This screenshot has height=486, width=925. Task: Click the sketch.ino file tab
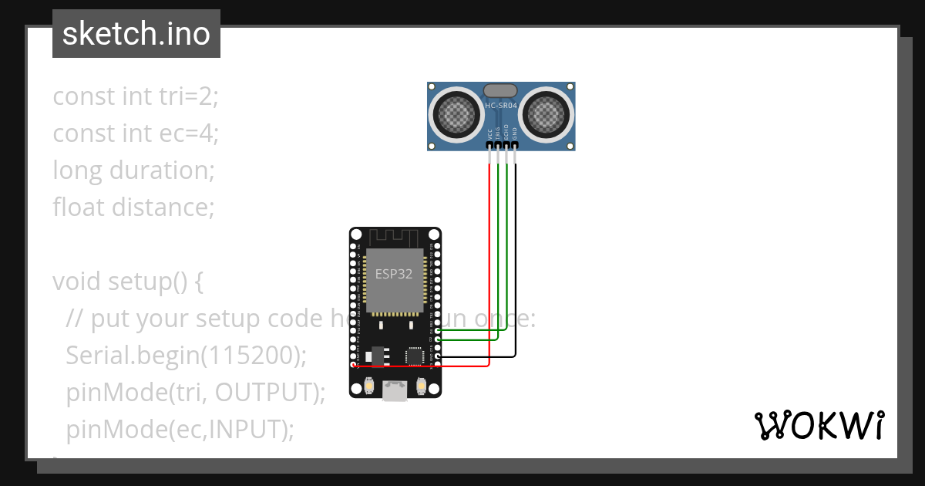click(x=136, y=34)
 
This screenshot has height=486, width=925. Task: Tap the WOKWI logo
click(x=818, y=425)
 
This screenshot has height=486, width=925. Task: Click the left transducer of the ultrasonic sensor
click(x=456, y=115)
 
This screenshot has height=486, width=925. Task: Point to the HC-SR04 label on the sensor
click(x=502, y=106)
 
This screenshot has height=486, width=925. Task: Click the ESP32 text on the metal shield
click(x=394, y=274)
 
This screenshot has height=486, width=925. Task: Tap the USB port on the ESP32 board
click(x=395, y=392)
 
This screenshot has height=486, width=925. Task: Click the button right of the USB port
click(x=421, y=385)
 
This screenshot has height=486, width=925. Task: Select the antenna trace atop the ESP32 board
click(x=394, y=235)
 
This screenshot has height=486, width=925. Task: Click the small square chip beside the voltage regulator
click(x=415, y=356)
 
